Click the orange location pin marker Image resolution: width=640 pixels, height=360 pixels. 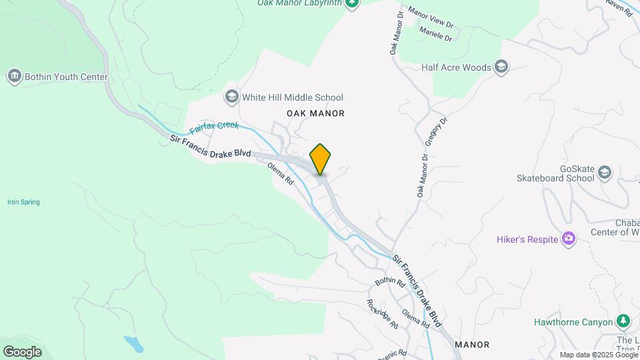[x=321, y=159]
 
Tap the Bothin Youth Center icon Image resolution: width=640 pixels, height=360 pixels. [x=14, y=77]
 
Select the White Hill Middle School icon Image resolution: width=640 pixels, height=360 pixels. [x=231, y=97]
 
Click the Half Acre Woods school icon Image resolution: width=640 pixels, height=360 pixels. [x=501, y=67]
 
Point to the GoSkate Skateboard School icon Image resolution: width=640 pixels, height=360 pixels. [x=605, y=172]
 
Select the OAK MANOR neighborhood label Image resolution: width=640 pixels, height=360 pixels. [x=315, y=113]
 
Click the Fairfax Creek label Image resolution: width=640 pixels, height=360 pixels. [x=214, y=126]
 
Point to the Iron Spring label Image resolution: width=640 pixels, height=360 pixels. [x=23, y=202]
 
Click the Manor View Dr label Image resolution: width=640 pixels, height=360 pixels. [x=430, y=18]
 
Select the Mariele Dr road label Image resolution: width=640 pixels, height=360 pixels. [x=435, y=33]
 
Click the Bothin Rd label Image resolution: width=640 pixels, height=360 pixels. [x=390, y=282]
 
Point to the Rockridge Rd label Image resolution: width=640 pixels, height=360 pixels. [x=383, y=313]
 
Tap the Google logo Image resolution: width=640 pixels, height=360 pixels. [x=22, y=352]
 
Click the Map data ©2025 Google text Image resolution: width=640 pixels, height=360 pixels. [x=599, y=355]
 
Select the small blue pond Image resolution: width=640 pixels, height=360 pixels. [x=133, y=344]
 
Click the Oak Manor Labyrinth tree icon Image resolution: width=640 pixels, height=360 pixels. [x=353, y=3]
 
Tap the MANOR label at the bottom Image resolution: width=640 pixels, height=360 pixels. [x=472, y=345]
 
